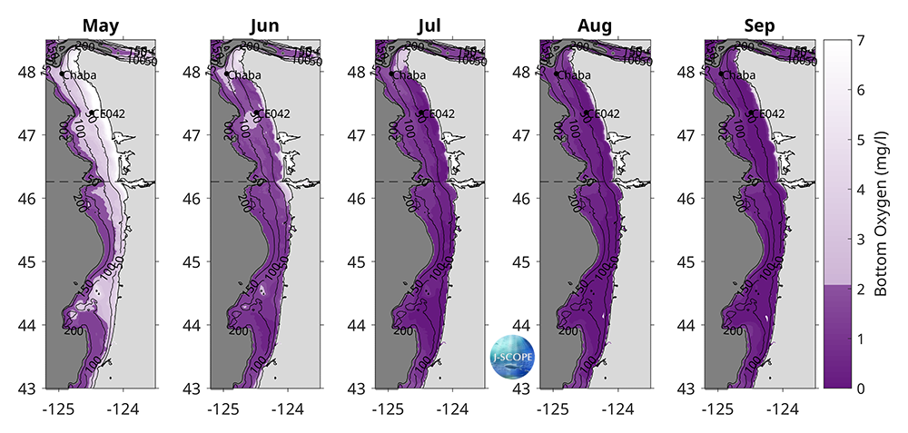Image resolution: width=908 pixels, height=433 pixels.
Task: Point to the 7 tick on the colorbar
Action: tap(859, 40)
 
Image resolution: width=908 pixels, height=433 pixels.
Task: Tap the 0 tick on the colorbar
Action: tap(859, 388)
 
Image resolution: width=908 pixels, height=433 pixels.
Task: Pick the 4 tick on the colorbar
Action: tap(859, 190)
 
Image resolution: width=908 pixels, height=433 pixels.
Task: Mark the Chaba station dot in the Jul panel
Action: tap(391, 74)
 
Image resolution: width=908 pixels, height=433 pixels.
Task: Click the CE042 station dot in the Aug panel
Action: tap(587, 113)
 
